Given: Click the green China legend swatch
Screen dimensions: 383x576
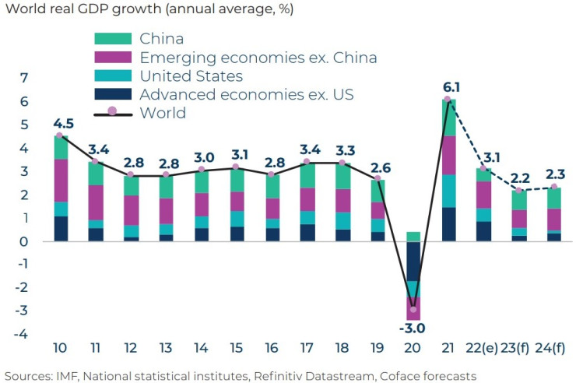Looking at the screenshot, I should coord(112,38).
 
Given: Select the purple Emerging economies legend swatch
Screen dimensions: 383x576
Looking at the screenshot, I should coord(112,57).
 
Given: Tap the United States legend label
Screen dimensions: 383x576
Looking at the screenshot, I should coord(191,76).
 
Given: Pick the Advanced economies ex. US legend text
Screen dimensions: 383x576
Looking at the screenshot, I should coord(247,95).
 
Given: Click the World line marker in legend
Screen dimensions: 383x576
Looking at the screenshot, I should coord(112,112).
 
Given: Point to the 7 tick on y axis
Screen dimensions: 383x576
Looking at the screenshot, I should coord(24,78).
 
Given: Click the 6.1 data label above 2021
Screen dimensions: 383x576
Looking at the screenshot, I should coord(451,87).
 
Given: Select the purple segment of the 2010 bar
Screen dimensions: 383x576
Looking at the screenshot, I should coord(61,181).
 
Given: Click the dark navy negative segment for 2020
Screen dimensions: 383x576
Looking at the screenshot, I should coord(412,261).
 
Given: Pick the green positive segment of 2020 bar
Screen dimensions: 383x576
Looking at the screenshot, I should coord(412,237).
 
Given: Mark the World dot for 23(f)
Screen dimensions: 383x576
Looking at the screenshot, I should coord(518,190).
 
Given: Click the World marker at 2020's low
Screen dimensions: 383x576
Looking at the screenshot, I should coord(412,310).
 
